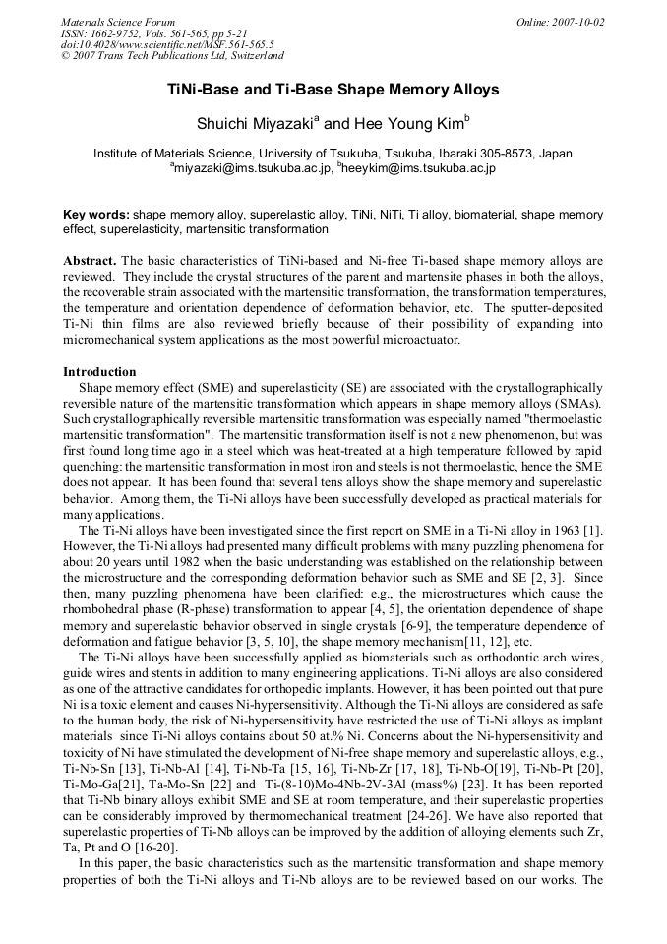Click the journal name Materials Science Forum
pyautogui.click(x=118, y=21)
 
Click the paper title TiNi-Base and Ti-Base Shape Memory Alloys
pyautogui.click(x=333, y=90)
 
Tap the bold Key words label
pyautogui.click(x=95, y=214)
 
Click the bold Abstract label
pyautogui.click(x=91, y=261)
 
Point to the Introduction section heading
pyautogui.click(x=99, y=372)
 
